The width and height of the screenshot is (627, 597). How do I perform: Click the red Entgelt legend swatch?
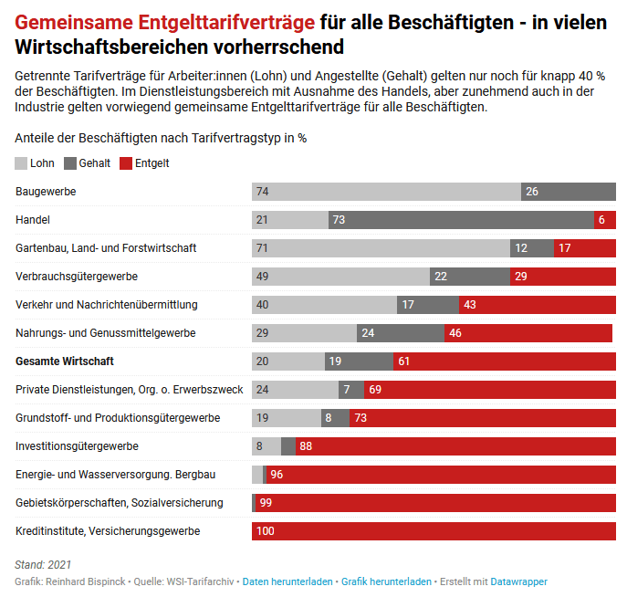[126, 163]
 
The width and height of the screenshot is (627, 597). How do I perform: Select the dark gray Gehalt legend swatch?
[70, 163]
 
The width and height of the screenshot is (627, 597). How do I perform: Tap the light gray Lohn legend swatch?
[22, 163]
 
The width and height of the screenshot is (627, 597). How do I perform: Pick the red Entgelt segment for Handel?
[605, 220]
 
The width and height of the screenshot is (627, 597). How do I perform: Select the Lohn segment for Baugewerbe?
[386, 192]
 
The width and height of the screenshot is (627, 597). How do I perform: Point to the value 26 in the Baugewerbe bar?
[532, 192]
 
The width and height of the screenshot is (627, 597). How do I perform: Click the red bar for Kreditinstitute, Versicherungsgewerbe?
[434, 530]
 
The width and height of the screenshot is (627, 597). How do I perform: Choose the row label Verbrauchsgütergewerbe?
[77, 277]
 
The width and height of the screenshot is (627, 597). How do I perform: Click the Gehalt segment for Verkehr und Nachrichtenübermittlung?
[428, 305]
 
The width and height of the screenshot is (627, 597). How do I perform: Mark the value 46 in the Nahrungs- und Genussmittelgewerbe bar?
[455, 333]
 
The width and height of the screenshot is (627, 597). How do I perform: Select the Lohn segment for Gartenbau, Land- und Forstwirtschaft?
[381, 248]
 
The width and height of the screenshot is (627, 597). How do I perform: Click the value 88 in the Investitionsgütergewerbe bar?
[306, 446]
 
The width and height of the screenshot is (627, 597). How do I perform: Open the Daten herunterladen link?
[287, 581]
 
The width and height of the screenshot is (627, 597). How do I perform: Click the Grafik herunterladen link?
[386, 581]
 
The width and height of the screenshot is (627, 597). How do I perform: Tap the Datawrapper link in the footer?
[518, 581]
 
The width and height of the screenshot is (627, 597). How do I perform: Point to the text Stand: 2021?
[44, 565]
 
